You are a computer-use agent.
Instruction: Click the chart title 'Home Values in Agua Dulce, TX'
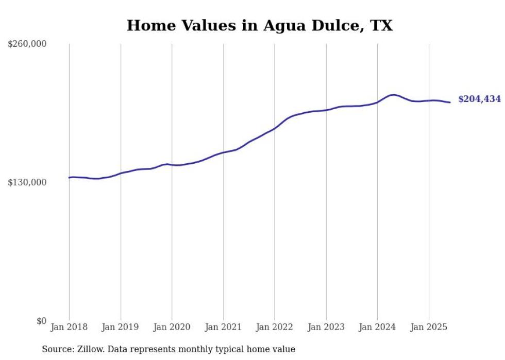(x=260, y=25)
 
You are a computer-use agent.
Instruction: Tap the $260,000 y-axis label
(x=27, y=44)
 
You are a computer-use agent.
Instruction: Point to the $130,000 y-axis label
(x=27, y=182)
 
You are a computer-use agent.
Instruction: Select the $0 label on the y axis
(x=41, y=321)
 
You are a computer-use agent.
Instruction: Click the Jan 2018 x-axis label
(x=69, y=327)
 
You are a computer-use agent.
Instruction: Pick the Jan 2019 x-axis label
(x=121, y=327)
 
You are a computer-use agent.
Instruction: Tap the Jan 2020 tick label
(x=172, y=327)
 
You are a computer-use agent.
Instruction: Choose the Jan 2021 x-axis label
(x=223, y=327)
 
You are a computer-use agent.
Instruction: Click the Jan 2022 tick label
(x=275, y=327)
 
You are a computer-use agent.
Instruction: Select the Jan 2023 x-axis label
(x=326, y=327)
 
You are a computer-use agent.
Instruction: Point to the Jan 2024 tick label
(x=377, y=327)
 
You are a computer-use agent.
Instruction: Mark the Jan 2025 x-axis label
(x=429, y=327)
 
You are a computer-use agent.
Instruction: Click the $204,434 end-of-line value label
(x=479, y=99)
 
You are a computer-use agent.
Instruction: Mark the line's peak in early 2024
(x=393, y=95)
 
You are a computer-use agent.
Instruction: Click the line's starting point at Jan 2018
(x=69, y=178)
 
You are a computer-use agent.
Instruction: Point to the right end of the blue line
(x=450, y=102)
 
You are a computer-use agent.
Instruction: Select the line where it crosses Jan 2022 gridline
(x=275, y=128)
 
